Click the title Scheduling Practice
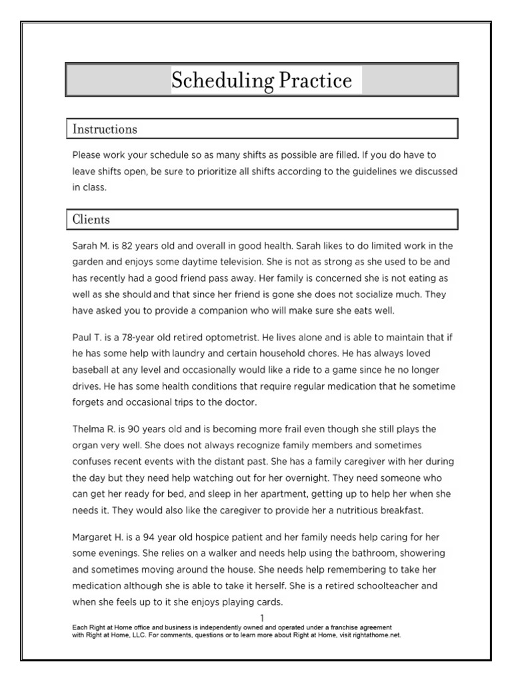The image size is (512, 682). (x=261, y=81)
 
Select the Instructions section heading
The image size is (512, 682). (x=105, y=129)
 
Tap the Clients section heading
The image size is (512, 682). (x=91, y=219)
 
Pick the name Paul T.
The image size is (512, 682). (x=88, y=337)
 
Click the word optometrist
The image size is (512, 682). (x=227, y=337)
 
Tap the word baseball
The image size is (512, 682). (x=93, y=370)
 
